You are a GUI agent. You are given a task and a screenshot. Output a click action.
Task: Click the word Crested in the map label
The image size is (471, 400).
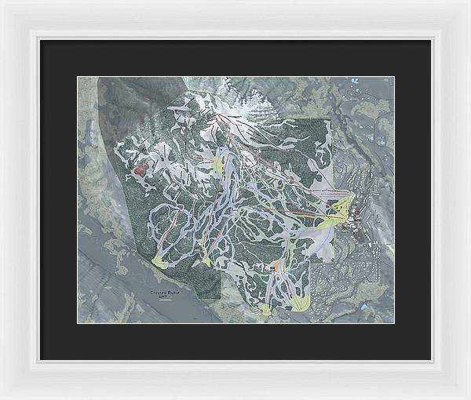point(159,293)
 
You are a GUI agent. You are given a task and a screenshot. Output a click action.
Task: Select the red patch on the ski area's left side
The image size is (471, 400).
point(141,168)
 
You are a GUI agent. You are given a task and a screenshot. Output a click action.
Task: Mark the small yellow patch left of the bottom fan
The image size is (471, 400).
point(265,308)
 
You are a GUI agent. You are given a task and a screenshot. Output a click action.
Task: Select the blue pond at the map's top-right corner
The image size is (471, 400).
point(354,80)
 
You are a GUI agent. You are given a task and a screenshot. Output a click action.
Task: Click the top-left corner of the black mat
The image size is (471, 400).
point(41,40)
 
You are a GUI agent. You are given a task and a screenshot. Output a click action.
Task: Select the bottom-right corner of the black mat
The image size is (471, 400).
point(430,359)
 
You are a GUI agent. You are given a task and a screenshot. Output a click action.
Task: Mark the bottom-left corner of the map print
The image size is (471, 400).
point(78,322)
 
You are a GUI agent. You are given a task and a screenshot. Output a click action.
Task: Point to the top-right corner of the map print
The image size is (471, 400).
point(393,77)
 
